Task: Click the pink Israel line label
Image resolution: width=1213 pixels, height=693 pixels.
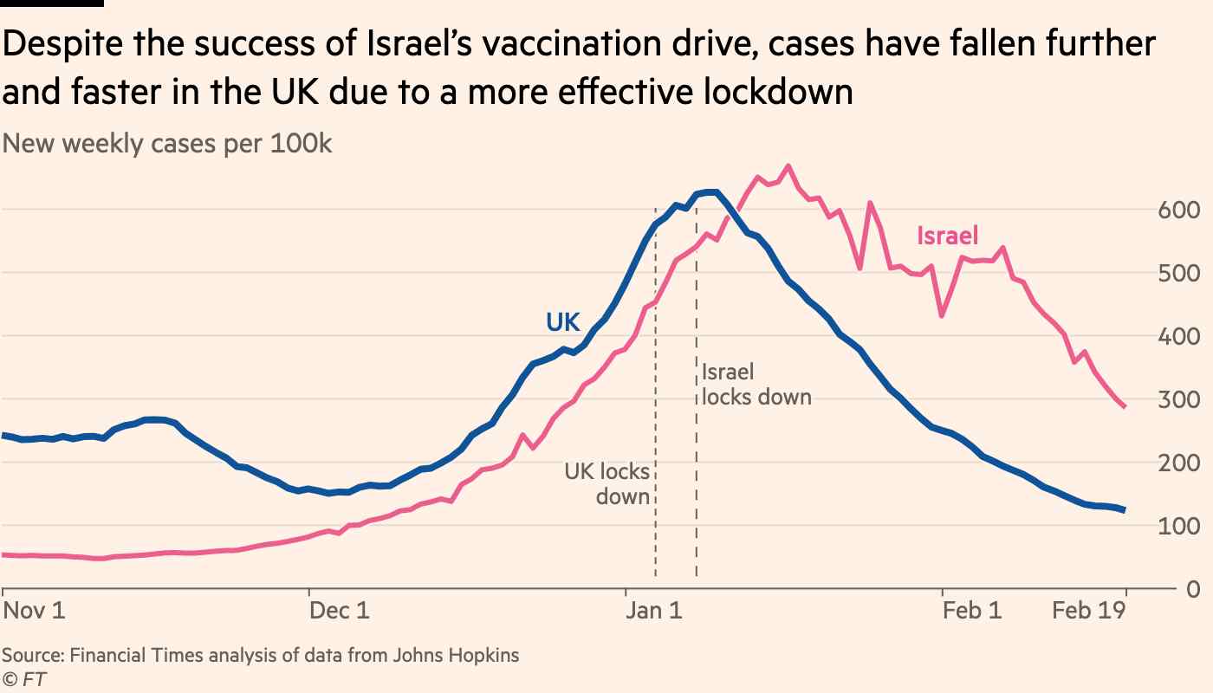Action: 948,236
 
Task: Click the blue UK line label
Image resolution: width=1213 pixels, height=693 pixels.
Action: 562,322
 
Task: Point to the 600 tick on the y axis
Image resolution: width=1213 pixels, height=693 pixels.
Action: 1179,210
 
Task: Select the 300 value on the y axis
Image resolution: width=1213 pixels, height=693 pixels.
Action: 1179,400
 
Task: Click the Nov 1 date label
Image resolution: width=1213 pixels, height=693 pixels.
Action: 34,611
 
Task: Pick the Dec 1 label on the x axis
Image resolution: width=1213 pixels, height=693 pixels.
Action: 340,611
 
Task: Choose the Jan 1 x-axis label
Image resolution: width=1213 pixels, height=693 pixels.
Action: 654,611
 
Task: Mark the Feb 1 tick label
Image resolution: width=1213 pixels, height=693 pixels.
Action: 972,611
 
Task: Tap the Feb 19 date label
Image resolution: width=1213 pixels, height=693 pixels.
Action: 1089,611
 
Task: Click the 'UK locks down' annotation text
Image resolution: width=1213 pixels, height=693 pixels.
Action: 607,484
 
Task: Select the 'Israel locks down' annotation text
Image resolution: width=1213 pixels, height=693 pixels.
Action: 756,385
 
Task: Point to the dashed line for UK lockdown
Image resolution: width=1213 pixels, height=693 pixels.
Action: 655,537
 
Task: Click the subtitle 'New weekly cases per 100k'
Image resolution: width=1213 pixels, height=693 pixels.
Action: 167,144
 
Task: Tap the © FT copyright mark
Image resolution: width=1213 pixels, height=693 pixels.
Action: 23,680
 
